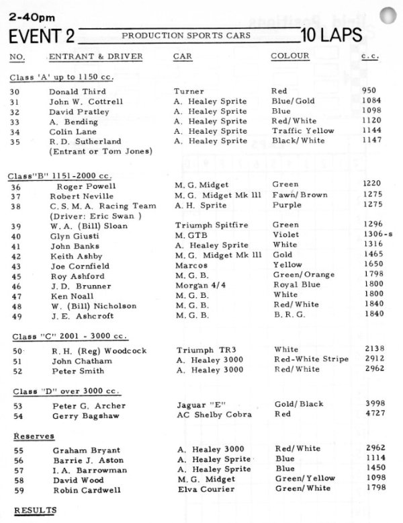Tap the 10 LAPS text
(x=332, y=36)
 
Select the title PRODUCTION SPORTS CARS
(x=186, y=35)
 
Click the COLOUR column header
(x=289, y=56)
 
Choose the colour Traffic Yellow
(x=302, y=131)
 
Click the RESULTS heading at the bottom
(x=36, y=510)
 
